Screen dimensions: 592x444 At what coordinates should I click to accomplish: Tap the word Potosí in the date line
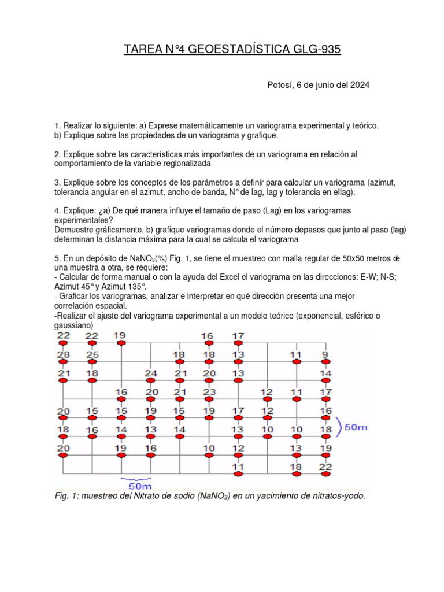coord(280,85)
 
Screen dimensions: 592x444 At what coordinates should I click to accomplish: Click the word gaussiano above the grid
coord(75,326)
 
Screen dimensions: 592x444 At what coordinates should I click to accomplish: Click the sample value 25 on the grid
coord(92,354)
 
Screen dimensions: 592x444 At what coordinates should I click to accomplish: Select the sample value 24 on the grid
coord(150,373)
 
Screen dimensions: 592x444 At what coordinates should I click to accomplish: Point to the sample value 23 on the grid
coord(209,392)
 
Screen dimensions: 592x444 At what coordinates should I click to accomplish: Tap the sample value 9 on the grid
coord(325,354)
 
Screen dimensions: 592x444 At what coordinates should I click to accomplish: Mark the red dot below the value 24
coord(150,381)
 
